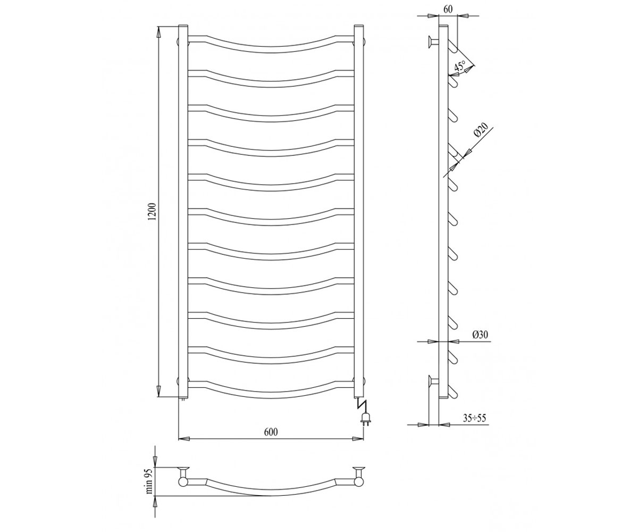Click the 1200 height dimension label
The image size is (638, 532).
153,212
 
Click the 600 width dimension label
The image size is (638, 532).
271,431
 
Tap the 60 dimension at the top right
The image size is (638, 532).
448,9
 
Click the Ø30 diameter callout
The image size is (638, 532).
480,335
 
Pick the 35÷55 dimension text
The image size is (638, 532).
474,418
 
